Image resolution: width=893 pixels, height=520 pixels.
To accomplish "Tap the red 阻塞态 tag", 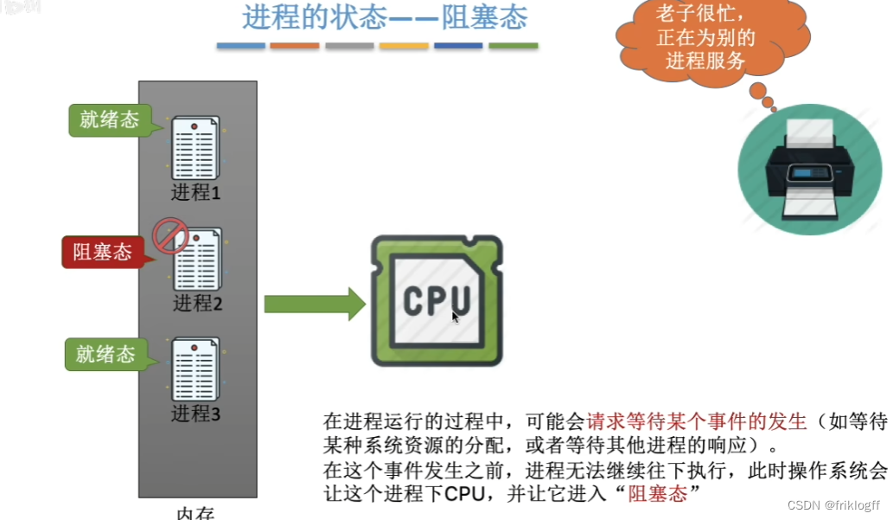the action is click(x=102, y=252).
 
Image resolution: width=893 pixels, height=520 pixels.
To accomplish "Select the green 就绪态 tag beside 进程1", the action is click(x=109, y=119).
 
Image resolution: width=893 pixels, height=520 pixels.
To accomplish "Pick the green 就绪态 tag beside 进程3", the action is click(x=105, y=354).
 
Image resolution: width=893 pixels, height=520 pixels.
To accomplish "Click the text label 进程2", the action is click(x=198, y=303).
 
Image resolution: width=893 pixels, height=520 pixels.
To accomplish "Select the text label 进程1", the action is click(x=195, y=192).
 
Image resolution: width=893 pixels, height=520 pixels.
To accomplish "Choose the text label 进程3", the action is click(x=195, y=414).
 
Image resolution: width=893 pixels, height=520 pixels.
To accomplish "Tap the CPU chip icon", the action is click(x=437, y=299).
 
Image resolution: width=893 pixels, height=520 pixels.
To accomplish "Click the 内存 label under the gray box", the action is click(x=195, y=512).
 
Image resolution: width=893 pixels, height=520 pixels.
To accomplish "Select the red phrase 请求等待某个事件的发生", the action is click(x=697, y=422).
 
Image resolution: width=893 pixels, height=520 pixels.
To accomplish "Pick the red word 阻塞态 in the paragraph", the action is click(x=657, y=494).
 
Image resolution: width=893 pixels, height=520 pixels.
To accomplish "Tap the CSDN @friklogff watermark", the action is click(x=826, y=504).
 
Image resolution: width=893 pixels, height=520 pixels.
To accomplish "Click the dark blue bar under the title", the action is click(x=458, y=46).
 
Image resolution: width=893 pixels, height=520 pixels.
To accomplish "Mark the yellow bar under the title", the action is click(x=404, y=46).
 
